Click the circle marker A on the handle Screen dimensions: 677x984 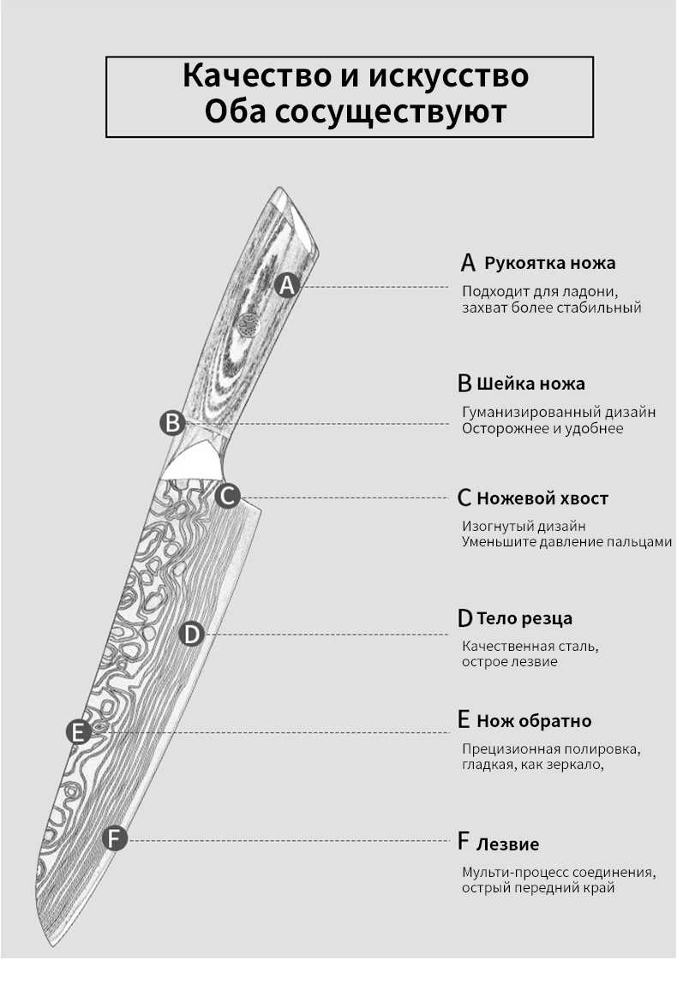(x=287, y=285)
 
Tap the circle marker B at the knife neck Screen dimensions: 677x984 (x=172, y=422)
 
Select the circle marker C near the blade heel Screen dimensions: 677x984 (x=227, y=495)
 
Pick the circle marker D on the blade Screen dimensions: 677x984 (x=191, y=634)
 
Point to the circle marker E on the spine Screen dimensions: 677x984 (x=78, y=732)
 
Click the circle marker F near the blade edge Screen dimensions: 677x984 (x=115, y=838)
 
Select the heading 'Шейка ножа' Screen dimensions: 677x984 (x=530, y=383)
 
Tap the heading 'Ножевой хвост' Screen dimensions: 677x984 (x=542, y=498)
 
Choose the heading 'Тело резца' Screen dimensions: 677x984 (x=524, y=617)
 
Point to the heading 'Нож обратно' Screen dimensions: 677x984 (x=533, y=720)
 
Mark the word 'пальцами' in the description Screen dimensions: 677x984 (x=639, y=541)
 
